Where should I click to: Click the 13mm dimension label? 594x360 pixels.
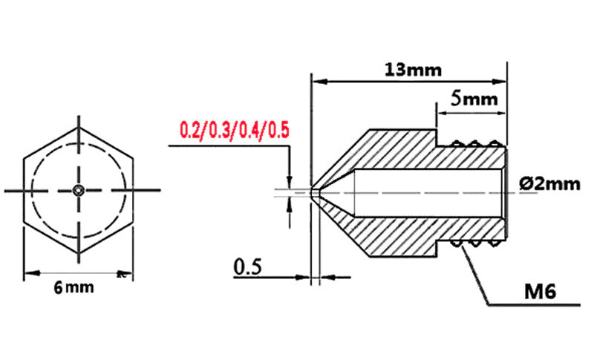[x=414, y=70]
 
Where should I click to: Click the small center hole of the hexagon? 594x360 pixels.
[x=79, y=191]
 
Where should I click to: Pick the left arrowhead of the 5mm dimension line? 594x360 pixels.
[x=439, y=113]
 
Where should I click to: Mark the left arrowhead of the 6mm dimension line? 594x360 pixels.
[x=28, y=274]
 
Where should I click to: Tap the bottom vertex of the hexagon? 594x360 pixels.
[x=79, y=255]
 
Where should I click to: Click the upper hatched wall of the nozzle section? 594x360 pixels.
[x=394, y=152]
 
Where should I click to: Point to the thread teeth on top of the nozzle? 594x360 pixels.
[x=475, y=143]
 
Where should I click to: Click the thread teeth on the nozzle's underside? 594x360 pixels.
[x=475, y=243]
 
